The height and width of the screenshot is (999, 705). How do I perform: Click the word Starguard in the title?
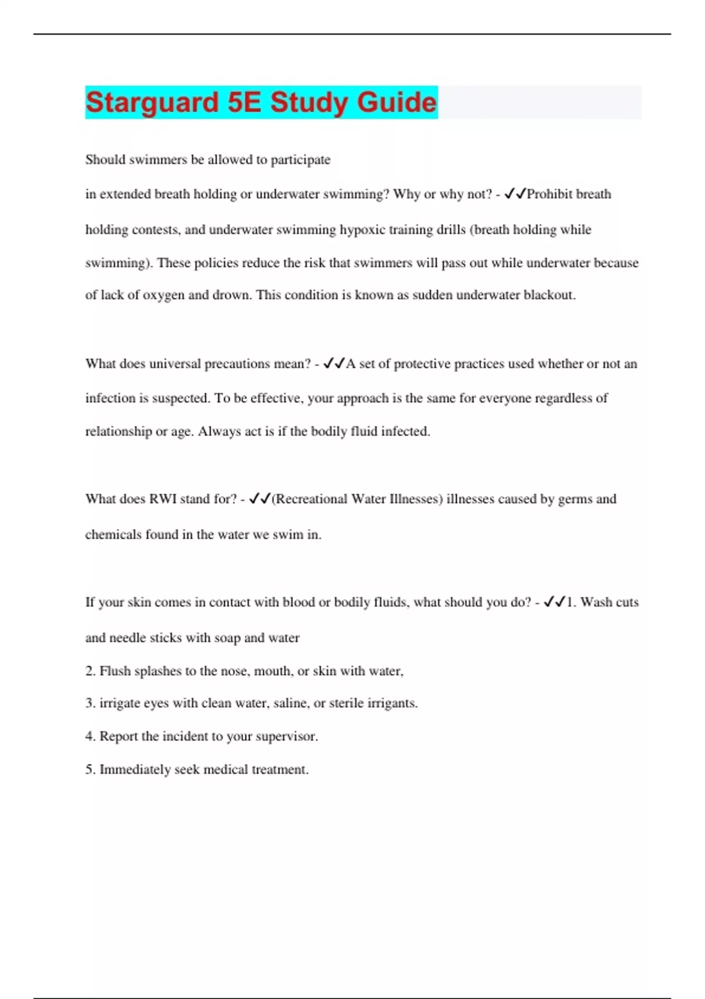click(x=152, y=102)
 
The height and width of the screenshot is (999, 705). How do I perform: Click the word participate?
click(x=300, y=160)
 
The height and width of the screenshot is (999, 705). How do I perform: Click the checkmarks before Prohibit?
click(x=515, y=194)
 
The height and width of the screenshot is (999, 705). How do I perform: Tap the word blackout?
click(x=549, y=295)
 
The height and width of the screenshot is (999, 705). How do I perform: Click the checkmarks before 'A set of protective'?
click(x=334, y=364)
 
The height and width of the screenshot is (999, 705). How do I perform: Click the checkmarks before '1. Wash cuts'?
click(x=555, y=602)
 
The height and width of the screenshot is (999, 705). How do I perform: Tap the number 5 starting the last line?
click(x=90, y=770)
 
